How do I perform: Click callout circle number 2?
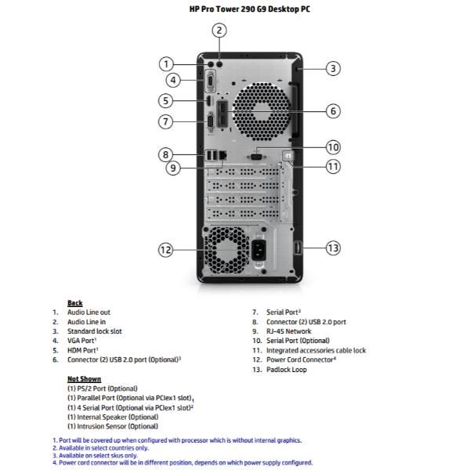click(220, 31)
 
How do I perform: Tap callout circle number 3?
click(333, 68)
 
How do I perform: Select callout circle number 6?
click(333, 111)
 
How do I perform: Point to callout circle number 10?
click(333, 146)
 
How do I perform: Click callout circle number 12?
click(165, 250)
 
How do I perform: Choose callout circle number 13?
click(333, 248)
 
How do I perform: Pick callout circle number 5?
click(165, 100)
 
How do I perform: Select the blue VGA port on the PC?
click(210, 78)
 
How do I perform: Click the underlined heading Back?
click(75, 303)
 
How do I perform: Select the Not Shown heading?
click(84, 379)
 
